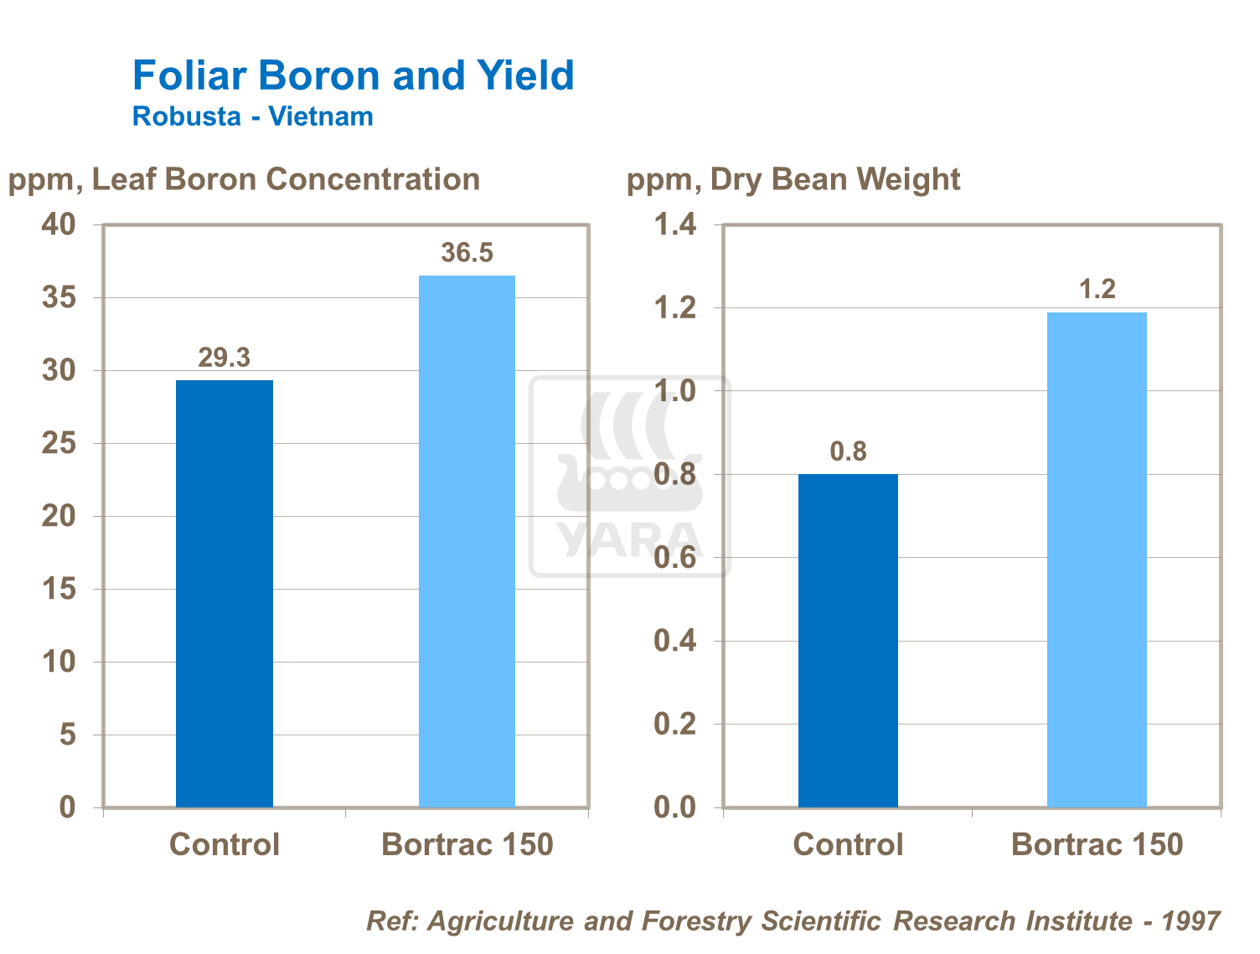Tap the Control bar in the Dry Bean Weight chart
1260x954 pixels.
848,640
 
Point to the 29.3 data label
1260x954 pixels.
224,358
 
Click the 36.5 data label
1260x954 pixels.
467,253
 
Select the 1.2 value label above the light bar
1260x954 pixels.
1097,290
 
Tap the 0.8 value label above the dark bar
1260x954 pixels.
848,452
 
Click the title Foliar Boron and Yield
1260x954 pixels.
353,75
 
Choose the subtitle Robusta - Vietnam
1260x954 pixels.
252,116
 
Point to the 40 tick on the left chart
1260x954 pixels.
59,224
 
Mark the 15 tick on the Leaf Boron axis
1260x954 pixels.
59,589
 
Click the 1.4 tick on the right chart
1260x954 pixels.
674,224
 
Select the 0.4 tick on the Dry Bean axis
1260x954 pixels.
674,641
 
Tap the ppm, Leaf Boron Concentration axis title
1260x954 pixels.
244,179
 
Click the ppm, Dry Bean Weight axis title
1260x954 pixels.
793,179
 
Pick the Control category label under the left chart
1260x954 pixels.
224,844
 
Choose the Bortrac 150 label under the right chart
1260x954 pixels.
1097,844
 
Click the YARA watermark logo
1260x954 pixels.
628,477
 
